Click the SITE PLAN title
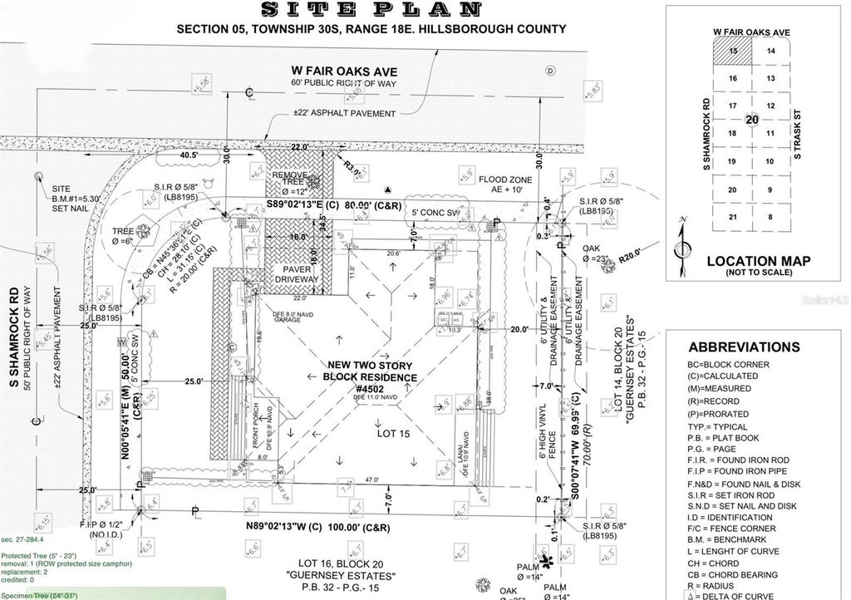371,10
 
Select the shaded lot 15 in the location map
732,51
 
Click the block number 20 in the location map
752,119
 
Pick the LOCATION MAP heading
757,261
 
